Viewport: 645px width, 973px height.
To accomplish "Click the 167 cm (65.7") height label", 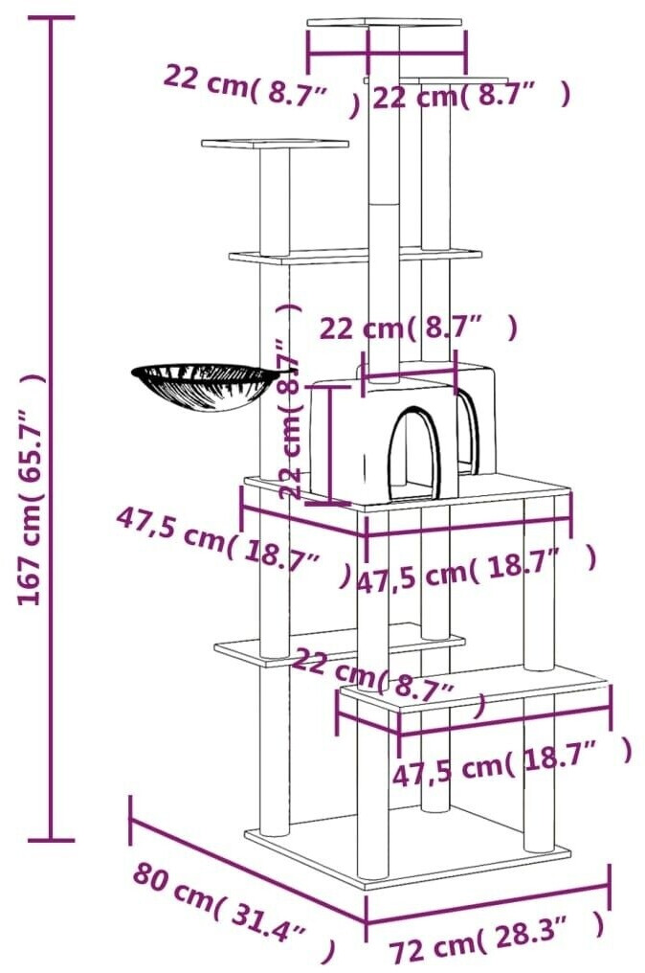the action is (x=31, y=488).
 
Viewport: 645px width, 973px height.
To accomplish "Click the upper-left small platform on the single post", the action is (x=275, y=145).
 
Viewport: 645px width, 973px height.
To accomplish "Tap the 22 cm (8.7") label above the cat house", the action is (x=418, y=328).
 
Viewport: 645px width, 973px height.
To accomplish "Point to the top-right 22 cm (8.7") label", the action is (x=471, y=95).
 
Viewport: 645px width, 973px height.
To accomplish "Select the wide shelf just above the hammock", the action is (x=354, y=256).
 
